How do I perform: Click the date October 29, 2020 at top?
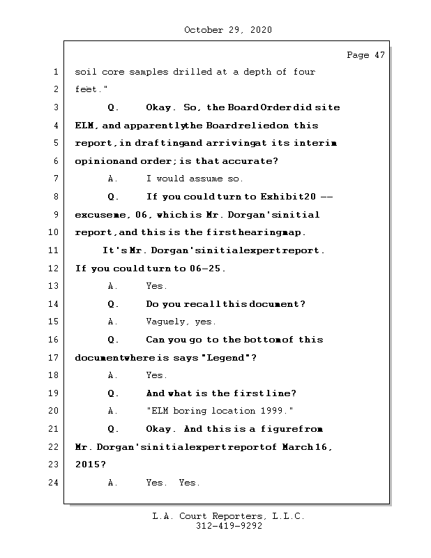pyautogui.click(x=228, y=30)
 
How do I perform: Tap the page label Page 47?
pyautogui.click(x=365, y=55)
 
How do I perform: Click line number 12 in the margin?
pyautogui.click(x=54, y=269)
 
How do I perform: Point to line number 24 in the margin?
pyautogui.click(x=54, y=482)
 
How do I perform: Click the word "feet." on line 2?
pyautogui.click(x=87, y=90)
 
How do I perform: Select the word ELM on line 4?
pyautogui.click(x=84, y=126)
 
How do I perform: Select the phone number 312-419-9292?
pyautogui.click(x=228, y=527)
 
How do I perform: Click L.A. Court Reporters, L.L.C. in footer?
pyautogui.click(x=228, y=517)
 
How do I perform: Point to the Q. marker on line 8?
pyautogui.click(x=114, y=197)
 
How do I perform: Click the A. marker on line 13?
pyautogui.click(x=113, y=286)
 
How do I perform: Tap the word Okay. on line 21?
pyautogui.click(x=162, y=429)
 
